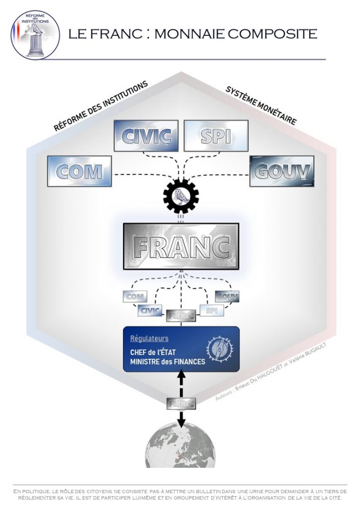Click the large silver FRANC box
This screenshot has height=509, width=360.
tap(181, 246)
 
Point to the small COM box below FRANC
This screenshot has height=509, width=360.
tap(135, 297)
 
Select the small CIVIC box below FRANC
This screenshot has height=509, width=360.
tap(150, 311)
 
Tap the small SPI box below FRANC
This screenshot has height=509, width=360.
tap(211, 311)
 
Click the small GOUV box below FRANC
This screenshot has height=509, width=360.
tap(227, 297)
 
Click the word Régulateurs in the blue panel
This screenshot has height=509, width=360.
tap(149, 339)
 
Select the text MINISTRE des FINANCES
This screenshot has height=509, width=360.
tap(167, 362)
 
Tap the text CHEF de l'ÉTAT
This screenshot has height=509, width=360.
tap(150, 352)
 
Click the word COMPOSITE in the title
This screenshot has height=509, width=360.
tap(272, 33)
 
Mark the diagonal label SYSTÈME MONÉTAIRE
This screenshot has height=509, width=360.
tap(261, 106)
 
